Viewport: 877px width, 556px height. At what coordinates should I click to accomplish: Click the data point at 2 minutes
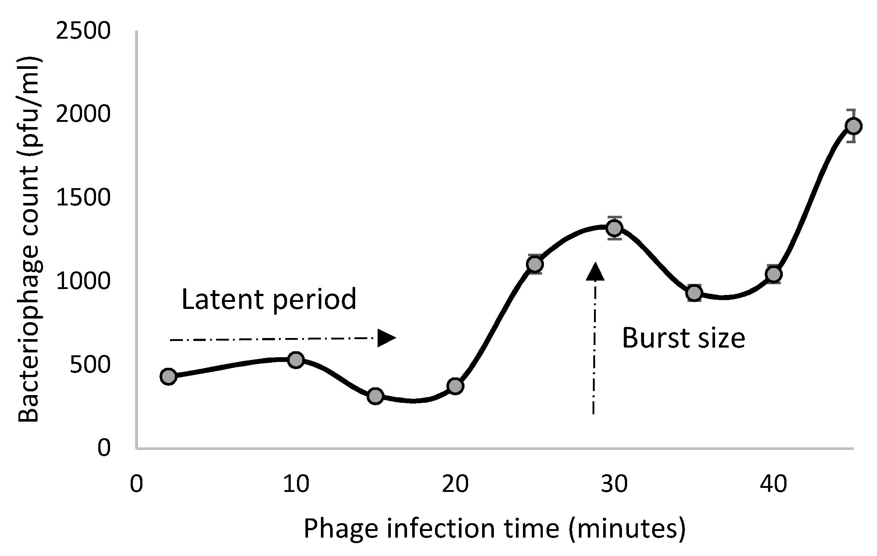click(x=169, y=376)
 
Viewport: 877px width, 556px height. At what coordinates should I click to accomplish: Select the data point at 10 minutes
click(x=296, y=360)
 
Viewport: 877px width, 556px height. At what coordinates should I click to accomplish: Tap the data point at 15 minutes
click(x=375, y=396)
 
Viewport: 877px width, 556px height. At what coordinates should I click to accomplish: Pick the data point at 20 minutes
click(x=455, y=386)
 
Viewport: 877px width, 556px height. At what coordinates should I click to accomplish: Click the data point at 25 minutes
click(x=535, y=264)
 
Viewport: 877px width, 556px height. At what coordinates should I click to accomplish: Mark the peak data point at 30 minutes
click(x=614, y=228)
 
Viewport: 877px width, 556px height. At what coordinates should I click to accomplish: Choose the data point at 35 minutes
click(x=694, y=293)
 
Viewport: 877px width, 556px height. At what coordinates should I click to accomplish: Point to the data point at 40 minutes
click(x=774, y=274)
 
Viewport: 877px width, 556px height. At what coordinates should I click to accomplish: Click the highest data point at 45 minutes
click(x=853, y=126)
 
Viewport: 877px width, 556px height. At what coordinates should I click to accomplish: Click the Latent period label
click(x=269, y=299)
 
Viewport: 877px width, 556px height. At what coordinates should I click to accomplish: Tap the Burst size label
click(x=683, y=338)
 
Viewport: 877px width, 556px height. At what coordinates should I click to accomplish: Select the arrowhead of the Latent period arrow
click(x=386, y=338)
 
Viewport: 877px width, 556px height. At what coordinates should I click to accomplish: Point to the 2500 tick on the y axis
click(x=83, y=31)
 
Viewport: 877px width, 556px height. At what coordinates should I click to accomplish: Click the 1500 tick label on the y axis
click(x=83, y=198)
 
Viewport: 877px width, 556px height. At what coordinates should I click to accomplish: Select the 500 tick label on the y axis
click(x=89, y=365)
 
